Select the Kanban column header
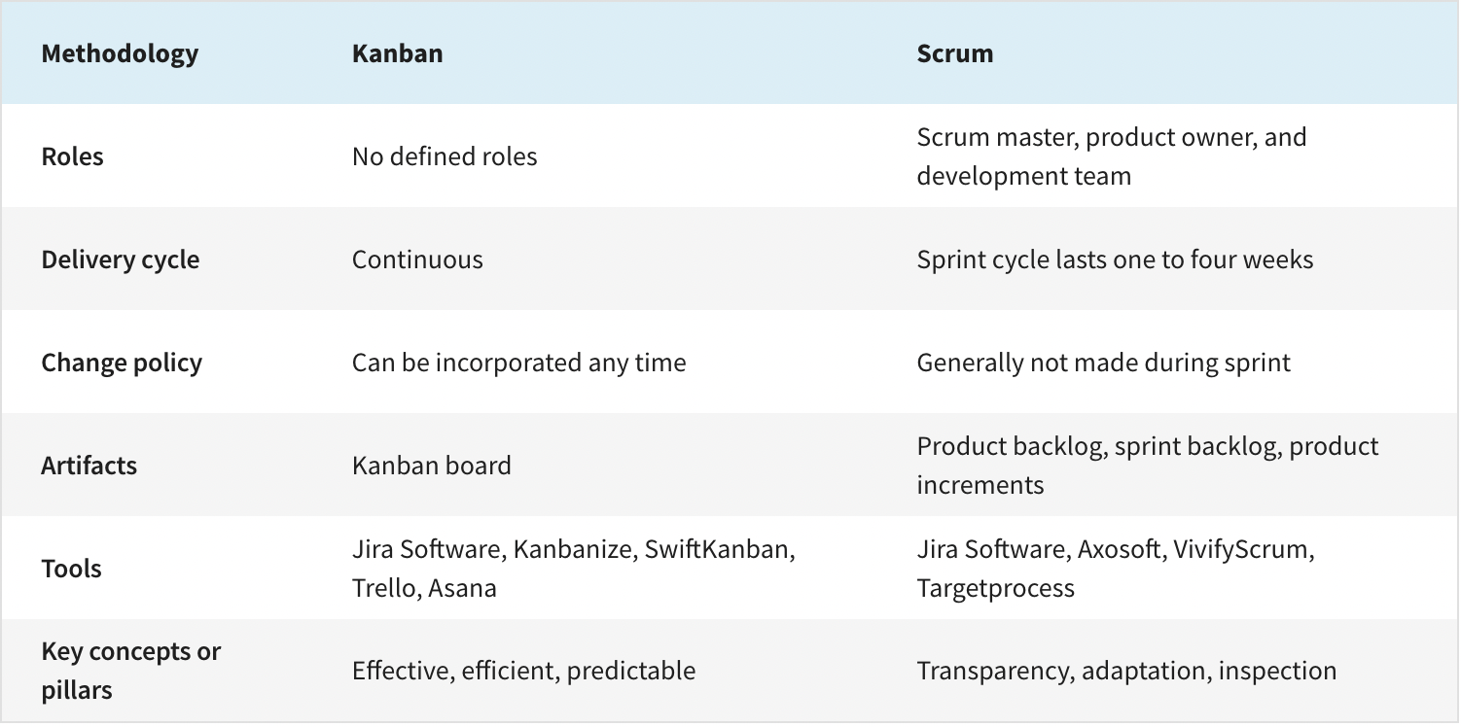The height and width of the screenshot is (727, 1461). click(397, 53)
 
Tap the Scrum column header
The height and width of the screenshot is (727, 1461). click(955, 53)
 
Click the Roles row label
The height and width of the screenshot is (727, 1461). click(72, 156)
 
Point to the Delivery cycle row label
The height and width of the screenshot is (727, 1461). click(120, 260)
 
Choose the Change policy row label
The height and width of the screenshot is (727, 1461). click(122, 363)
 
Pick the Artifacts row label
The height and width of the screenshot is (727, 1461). click(89, 466)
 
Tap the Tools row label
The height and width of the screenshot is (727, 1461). click(71, 569)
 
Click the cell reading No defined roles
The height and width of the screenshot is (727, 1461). click(445, 156)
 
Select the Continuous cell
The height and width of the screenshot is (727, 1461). click(417, 260)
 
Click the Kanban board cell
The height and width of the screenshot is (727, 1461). click(432, 466)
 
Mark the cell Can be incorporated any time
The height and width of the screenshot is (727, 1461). click(519, 363)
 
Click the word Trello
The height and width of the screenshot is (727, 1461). click(387, 588)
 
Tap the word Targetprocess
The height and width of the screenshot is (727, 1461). click(995, 589)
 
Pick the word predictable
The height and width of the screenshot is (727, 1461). click(631, 671)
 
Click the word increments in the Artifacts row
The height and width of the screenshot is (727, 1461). click(980, 485)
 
